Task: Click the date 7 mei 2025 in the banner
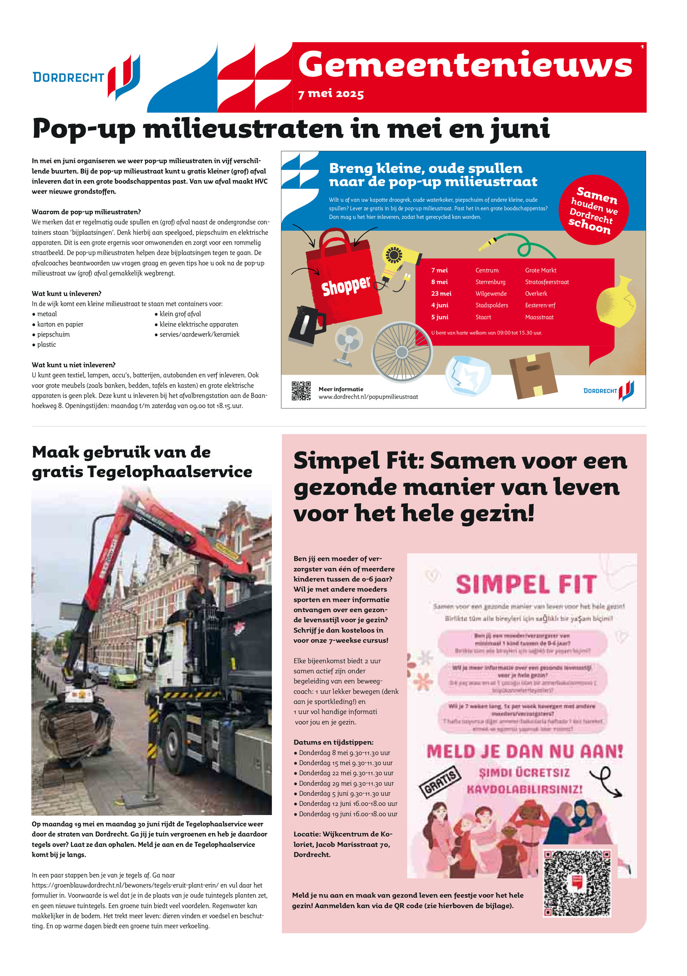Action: click(x=331, y=94)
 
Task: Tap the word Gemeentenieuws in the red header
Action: click(x=465, y=64)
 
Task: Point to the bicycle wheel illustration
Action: click(x=401, y=352)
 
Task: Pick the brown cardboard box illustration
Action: click(x=533, y=375)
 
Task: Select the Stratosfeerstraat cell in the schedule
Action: click(x=547, y=282)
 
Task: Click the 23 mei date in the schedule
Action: click(x=441, y=294)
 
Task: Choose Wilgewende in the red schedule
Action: click(x=491, y=294)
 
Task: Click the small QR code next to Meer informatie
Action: click(x=301, y=391)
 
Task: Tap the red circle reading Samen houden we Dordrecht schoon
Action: click(x=594, y=210)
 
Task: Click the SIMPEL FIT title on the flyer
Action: click(x=526, y=585)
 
